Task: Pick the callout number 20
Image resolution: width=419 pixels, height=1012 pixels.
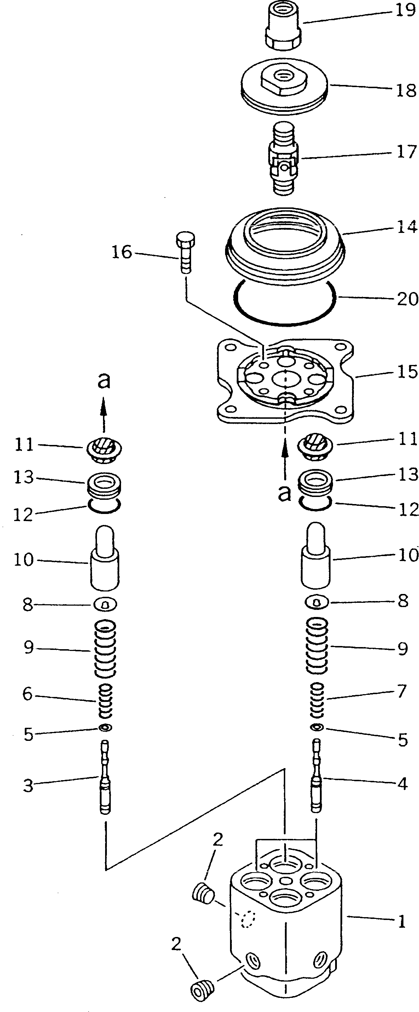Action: click(x=407, y=299)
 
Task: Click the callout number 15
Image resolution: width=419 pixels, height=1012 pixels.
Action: click(x=407, y=371)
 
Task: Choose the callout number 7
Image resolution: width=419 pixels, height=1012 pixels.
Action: click(x=401, y=691)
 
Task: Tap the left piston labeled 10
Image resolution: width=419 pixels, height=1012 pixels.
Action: click(x=105, y=558)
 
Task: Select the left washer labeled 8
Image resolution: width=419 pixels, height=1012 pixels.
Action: click(x=105, y=605)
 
